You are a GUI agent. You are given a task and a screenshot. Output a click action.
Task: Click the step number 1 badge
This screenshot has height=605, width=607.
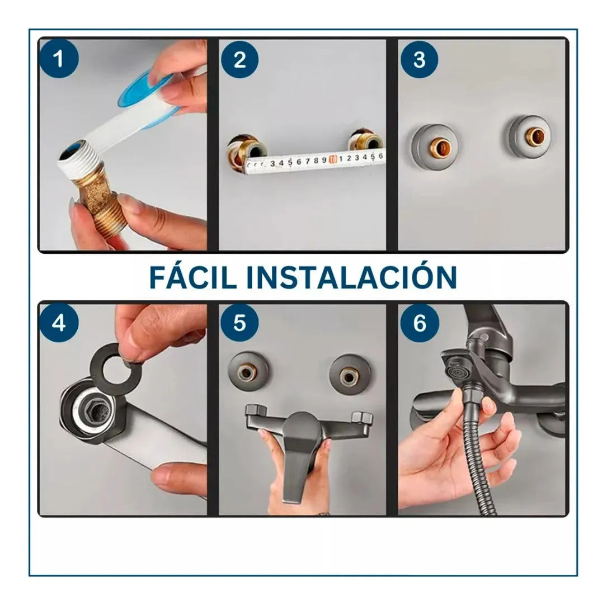click(x=59, y=59)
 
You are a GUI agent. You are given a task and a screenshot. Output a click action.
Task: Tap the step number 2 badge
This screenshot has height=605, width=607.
click(x=239, y=59)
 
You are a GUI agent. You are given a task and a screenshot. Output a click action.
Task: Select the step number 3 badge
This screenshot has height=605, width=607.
click(x=419, y=59)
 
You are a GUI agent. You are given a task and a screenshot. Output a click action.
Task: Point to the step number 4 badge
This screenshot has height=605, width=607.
click(x=59, y=323)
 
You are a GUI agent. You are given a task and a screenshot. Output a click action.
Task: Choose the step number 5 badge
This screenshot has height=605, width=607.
click(x=239, y=323)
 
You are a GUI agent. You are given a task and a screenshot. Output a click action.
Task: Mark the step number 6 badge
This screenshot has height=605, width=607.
click(x=419, y=323)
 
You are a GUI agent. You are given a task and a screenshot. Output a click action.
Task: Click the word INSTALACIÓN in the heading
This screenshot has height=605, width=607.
click(x=352, y=277)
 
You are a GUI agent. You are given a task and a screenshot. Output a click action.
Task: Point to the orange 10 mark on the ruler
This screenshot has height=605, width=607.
click(x=333, y=160)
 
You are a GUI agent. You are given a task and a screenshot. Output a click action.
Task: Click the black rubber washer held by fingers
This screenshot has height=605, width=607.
click(x=114, y=364)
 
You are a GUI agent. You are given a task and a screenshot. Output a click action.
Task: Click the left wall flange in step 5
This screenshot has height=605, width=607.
click(x=248, y=370)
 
